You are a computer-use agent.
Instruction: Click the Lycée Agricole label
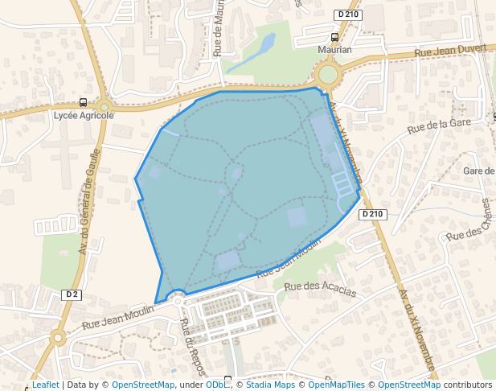[84, 115]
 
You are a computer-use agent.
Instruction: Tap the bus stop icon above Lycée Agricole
[84, 102]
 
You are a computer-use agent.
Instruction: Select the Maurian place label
[334, 49]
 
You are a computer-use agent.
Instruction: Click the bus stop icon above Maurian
[334, 37]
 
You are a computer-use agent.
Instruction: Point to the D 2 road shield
[72, 294]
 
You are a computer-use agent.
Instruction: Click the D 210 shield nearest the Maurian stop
[347, 14]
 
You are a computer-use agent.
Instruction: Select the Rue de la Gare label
[439, 125]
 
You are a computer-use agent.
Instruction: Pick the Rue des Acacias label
[319, 289]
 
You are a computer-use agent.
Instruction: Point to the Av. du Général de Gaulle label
[90, 201]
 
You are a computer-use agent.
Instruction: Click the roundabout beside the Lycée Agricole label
[104, 106]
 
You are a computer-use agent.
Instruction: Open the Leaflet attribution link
[46, 385]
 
